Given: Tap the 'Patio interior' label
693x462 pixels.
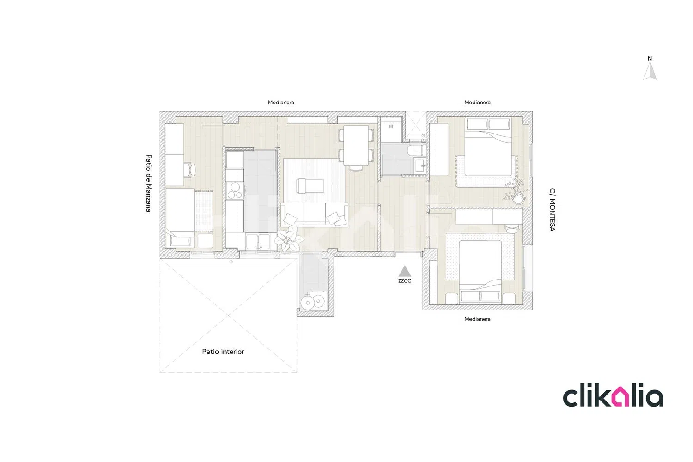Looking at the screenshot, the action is (223, 352).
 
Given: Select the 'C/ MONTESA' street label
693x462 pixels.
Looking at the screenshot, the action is (552, 209).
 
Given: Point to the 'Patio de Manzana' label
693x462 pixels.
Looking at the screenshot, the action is (148, 183).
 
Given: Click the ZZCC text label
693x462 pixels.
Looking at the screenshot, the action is (405, 281).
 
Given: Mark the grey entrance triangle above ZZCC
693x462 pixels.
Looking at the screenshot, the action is (405, 271).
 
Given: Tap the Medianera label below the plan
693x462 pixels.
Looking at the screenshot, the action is (477, 319).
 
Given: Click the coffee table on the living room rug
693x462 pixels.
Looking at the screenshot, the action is (310, 186).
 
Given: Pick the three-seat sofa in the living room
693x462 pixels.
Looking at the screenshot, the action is (314, 214).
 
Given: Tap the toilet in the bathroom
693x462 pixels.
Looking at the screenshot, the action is (416, 151).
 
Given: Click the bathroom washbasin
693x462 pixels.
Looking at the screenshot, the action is (420, 166).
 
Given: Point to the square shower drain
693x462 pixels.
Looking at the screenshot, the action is (391, 127).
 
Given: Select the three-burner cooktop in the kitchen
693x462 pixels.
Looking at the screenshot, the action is (235, 191).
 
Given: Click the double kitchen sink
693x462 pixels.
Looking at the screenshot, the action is (258, 241).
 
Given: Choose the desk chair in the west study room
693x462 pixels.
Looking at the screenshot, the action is (190, 170).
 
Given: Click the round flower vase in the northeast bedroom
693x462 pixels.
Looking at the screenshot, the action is (519, 199).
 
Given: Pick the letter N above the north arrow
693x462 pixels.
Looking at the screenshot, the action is (650, 58).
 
